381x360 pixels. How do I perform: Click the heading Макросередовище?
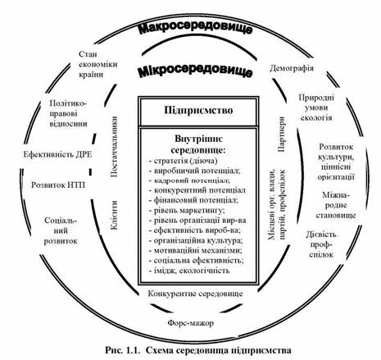point(195,29)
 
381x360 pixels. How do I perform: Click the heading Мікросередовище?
point(195,71)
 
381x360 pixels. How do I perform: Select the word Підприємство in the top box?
point(198,111)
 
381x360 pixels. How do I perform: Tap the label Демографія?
point(292,68)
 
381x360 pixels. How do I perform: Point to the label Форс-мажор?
point(191,323)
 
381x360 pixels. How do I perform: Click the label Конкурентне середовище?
point(195,294)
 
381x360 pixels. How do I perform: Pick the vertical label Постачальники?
point(114,147)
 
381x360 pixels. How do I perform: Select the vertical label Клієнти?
point(114,215)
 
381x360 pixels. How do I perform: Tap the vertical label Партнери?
point(281,134)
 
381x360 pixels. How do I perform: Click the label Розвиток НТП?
point(58,185)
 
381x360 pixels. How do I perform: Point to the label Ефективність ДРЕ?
point(57,154)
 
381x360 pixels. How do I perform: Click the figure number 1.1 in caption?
point(133,350)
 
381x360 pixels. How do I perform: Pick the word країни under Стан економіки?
point(91,74)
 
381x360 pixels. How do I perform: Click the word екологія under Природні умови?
point(316,118)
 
